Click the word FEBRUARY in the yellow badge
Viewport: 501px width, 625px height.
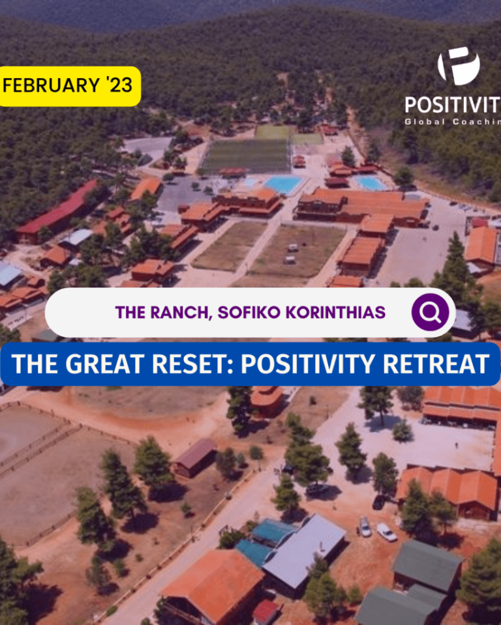pyautogui.click(x=51, y=85)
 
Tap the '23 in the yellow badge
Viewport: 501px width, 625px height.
pyautogui.click(x=119, y=85)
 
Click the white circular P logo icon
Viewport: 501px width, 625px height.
pyautogui.click(x=459, y=66)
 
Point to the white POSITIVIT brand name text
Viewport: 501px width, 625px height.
pyautogui.click(x=453, y=105)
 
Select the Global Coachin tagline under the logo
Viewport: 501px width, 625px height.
pyautogui.click(x=453, y=122)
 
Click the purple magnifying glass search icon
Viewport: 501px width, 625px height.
pyautogui.click(x=430, y=312)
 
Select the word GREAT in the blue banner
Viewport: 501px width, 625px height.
pyautogui.click(x=104, y=364)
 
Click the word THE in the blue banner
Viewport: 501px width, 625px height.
pyautogui.click(x=35, y=364)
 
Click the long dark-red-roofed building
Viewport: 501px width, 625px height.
pyautogui.click(x=57, y=211)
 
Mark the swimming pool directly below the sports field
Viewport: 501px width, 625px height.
pyautogui.click(x=284, y=184)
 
